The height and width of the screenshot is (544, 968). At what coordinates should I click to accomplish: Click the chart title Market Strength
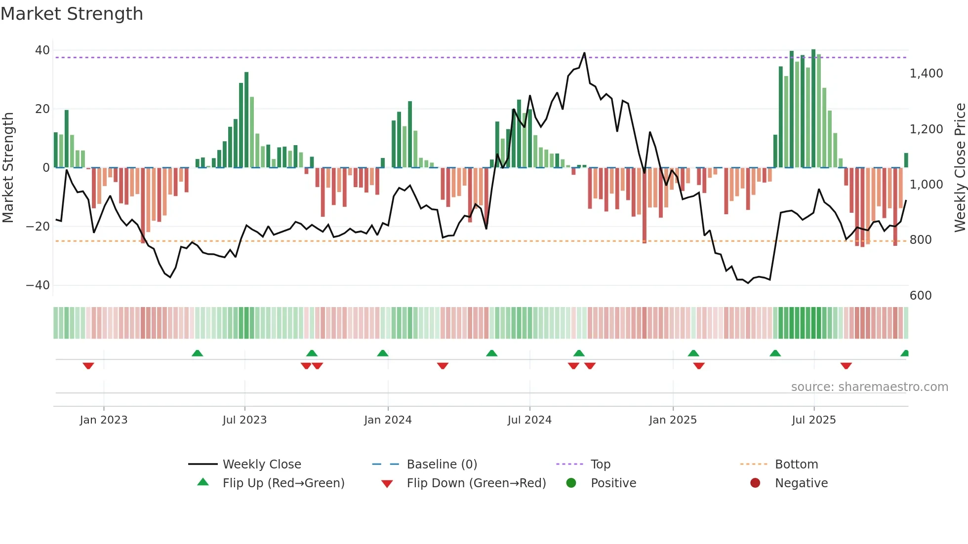[72, 14]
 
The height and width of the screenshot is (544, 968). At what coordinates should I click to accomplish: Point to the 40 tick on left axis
[42, 50]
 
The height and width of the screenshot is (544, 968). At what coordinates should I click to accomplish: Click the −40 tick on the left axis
[38, 285]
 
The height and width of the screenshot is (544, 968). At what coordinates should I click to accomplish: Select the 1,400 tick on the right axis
[926, 74]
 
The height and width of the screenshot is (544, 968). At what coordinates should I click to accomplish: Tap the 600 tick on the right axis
[920, 296]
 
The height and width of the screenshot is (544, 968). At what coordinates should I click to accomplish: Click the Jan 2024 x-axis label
[388, 420]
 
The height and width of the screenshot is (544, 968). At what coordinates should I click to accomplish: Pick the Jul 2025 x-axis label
[813, 420]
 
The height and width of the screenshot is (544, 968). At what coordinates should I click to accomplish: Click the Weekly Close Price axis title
[960, 168]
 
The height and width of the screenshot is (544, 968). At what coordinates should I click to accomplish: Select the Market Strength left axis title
[8, 168]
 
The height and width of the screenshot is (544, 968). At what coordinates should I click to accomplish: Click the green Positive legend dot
[571, 483]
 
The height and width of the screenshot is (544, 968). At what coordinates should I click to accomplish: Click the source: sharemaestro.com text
[869, 387]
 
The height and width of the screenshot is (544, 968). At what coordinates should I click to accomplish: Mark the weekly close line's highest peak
[584, 53]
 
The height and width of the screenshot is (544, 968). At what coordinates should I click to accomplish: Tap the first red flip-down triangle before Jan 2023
[88, 366]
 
